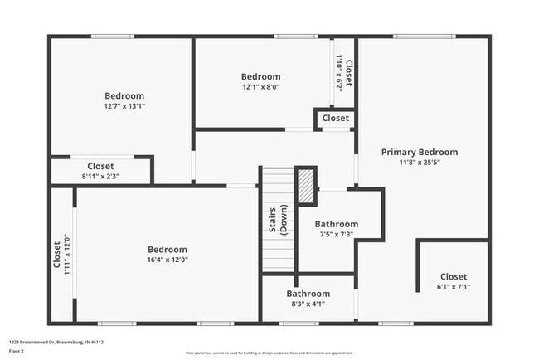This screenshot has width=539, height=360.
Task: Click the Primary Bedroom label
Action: tap(419, 152)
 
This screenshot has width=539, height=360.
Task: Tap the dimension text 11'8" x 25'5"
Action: tap(419, 163)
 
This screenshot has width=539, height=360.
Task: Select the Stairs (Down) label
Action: tap(278, 220)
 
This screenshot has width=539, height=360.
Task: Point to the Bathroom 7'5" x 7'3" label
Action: tap(336, 224)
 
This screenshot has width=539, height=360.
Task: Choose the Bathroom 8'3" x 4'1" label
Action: tap(308, 294)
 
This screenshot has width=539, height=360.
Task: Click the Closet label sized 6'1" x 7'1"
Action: tap(453, 276)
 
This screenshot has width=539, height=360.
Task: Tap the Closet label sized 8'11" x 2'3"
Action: tap(100, 166)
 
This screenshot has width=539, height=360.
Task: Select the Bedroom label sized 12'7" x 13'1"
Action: tap(124, 95)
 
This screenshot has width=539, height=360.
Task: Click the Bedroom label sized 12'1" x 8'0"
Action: tap(260, 76)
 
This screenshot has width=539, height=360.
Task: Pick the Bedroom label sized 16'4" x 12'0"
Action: tap(167, 249)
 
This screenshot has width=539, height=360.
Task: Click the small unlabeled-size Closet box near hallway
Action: tap(335, 119)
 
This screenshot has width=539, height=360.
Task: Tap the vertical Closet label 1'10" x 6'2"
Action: tap(349, 74)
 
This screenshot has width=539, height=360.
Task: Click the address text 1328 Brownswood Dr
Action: tap(56, 341)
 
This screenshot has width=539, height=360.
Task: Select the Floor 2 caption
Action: tap(17, 351)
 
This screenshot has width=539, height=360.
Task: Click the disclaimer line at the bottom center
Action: tap(269, 352)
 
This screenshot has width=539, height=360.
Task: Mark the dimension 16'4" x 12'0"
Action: tap(167, 260)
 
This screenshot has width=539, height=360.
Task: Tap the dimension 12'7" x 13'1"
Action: tap(124, 106)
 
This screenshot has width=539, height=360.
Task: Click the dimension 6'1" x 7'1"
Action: tap(453, 287)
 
